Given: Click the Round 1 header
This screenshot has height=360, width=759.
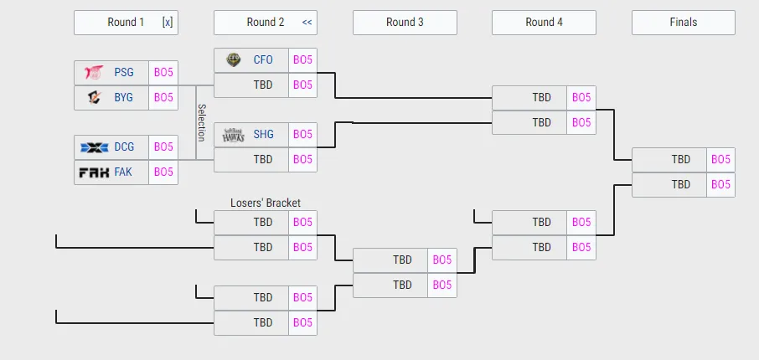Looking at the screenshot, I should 126,23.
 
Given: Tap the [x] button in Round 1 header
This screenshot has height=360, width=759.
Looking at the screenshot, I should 168,23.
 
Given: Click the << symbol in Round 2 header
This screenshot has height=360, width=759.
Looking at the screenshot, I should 307,23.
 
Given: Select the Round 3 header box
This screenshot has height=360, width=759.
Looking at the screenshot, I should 405,23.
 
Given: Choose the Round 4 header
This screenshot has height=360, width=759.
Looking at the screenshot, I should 544,23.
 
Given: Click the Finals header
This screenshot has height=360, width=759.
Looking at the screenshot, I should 683,23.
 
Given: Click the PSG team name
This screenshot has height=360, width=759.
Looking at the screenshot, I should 124,72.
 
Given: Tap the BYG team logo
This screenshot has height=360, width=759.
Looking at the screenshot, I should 95,97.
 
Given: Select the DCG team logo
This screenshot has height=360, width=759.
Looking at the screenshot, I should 95,147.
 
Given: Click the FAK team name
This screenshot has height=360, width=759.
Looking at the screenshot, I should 124,172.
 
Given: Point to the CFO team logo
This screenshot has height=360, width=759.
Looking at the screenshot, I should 234,60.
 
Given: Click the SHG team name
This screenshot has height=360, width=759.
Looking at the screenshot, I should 263,134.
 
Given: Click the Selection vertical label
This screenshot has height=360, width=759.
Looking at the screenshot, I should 201,122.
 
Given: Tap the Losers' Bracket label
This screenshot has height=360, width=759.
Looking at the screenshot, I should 265,203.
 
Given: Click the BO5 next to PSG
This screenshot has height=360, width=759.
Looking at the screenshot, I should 163,72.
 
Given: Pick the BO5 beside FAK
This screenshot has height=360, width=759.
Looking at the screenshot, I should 163,172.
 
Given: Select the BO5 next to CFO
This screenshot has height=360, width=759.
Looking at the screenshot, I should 302,60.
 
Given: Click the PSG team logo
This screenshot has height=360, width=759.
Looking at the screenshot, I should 95,72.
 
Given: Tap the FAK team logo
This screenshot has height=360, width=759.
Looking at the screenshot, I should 95,172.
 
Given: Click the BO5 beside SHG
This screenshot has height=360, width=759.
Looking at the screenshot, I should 302,134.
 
